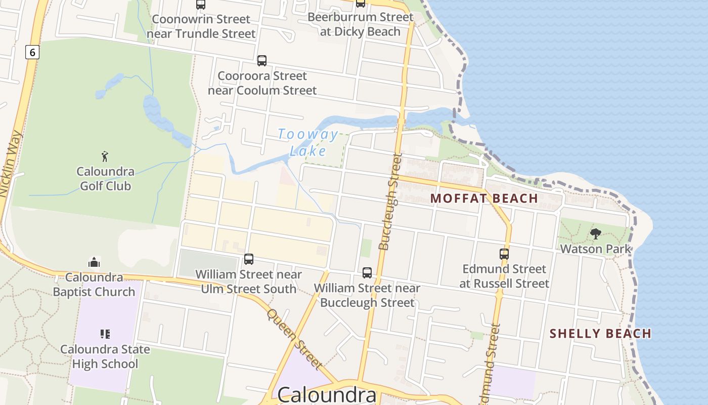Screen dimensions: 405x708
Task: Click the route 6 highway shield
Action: [x=32, y=52]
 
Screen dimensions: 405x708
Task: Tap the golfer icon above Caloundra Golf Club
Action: [x=105, y=156]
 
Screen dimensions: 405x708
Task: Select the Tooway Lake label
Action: [x=308, y=142]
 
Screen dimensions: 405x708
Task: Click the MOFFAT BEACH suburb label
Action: [x=484, y=198]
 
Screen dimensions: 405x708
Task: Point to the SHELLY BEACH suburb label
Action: [x=600, y=334]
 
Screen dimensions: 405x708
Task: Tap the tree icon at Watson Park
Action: [x=596, y=234]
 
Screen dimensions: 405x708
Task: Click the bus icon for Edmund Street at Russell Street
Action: [x=504, y=254]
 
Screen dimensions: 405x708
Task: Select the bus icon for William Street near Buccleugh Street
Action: [x=367, y=273]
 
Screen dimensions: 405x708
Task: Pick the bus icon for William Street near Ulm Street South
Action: [x=248, y=259]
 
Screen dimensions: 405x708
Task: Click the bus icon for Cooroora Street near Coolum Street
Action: [x=262, y=61]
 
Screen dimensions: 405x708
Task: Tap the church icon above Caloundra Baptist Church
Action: [x=94, y=262]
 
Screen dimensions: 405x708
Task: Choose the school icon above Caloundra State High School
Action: [x=105, y=334]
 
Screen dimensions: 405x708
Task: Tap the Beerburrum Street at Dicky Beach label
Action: [x=361, y=24]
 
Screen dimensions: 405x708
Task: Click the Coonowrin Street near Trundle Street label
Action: [x=201, y=26]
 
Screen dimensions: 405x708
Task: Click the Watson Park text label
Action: [x=596, y=249]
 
